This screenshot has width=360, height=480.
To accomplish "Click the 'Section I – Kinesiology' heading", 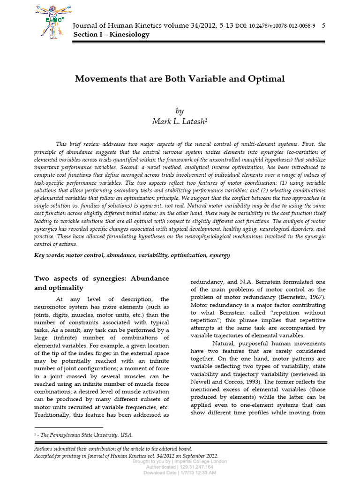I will pos(111,35).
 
